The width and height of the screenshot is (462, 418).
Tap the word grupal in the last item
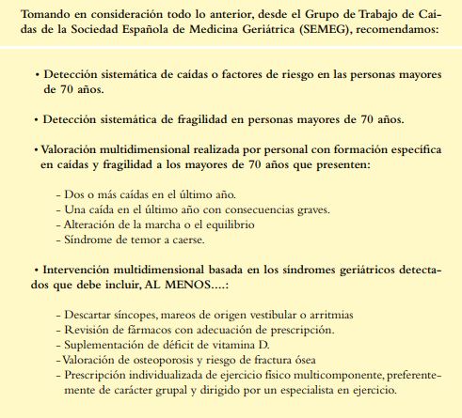pos(165,388)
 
